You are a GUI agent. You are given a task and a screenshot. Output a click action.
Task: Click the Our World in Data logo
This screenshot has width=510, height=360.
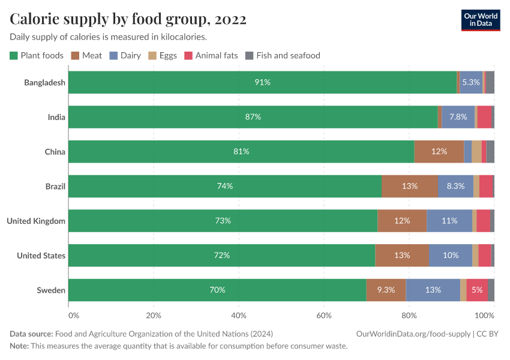[x=480, y=20]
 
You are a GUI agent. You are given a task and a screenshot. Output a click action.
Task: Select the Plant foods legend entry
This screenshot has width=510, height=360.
[x=37, y=55]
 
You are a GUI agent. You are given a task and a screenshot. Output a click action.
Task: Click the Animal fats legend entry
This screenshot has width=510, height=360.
[x=211, y=55]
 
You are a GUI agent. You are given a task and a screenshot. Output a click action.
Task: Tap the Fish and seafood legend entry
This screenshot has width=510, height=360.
[x=283, y=55]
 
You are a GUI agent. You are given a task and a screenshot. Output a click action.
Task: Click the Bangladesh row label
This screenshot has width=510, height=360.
[x=44, y=82]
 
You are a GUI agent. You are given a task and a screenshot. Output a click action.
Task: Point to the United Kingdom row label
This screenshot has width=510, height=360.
[x=36, y=221]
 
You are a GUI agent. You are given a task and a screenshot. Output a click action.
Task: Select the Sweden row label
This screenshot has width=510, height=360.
[x=51, y=290]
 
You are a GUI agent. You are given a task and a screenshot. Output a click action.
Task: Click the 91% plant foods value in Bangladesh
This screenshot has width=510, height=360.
[x=262, y=82]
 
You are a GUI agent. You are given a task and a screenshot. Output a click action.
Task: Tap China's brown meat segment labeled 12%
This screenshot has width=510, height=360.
[x=439, y=151]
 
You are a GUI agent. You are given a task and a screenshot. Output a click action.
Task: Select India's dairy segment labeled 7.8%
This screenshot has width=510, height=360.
[x=458, y=117]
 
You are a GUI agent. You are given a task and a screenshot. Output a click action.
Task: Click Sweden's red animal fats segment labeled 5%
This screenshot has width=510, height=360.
[x=477, y=290]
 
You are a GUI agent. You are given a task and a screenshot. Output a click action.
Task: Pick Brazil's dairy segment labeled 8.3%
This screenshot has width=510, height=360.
[x=455, y=186]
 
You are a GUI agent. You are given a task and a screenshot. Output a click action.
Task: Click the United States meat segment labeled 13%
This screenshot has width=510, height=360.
[x=402, y=256]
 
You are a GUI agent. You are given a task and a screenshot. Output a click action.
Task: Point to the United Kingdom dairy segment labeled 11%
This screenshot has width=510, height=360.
[x=449, y=221]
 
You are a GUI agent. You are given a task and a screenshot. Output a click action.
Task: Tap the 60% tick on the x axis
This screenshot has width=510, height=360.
[x=324, y=316]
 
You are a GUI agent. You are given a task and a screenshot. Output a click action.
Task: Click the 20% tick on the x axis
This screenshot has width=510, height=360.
[x=154, y=316]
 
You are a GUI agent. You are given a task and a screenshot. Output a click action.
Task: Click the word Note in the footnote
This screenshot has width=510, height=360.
[x=19, y=346]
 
